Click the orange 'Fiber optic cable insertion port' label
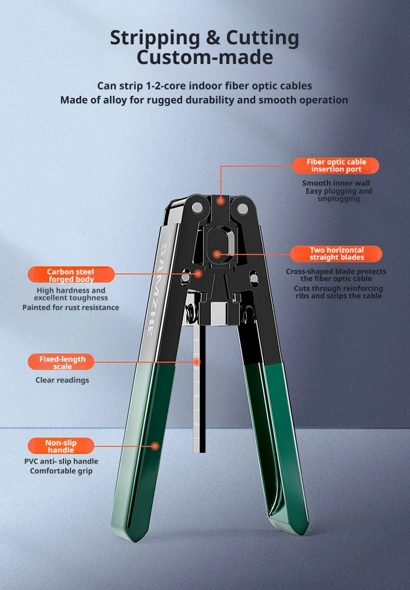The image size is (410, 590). tap(336, 165)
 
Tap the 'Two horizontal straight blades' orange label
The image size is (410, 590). tap(336, 253)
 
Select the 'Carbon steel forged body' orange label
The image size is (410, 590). tap(71, 275)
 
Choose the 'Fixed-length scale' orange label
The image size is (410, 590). tap(61, 362)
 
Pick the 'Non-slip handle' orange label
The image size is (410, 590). tap(61, 446)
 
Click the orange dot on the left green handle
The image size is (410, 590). tap(155, 446)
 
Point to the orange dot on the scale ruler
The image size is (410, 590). tap(197, 362)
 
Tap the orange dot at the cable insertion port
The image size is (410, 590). tap(221, 200)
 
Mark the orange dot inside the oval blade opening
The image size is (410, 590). tap(217, 254)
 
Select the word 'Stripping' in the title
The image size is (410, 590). tap(155, 38)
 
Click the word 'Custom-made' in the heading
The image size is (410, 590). tap(205, 57)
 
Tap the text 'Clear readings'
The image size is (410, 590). tap(62, 380)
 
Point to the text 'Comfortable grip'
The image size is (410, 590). tap(61, 471)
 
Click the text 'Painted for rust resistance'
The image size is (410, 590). tap(71, 308)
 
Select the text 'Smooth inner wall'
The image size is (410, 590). tap(336, 183)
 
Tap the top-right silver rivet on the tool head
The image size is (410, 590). tap(243, 209)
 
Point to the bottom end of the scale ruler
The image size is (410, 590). tap(199, 451)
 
